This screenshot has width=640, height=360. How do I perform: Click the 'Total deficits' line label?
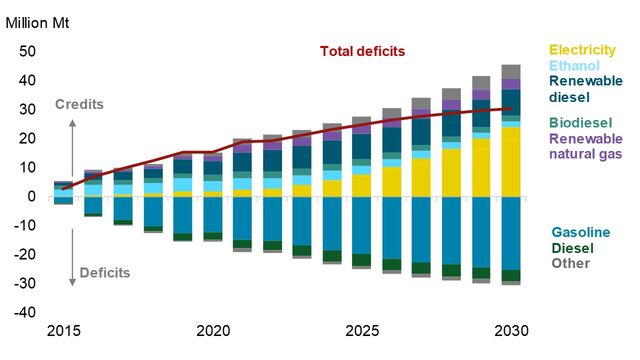point(363,51)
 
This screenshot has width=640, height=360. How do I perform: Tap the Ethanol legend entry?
point(573,65)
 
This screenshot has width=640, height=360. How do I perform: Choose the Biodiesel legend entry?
point(578,122)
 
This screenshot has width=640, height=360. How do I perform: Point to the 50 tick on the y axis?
point(28,51)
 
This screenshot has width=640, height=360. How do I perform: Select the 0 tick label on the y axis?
point(32,196)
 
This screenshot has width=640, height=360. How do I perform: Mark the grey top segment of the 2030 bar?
point(511,71)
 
